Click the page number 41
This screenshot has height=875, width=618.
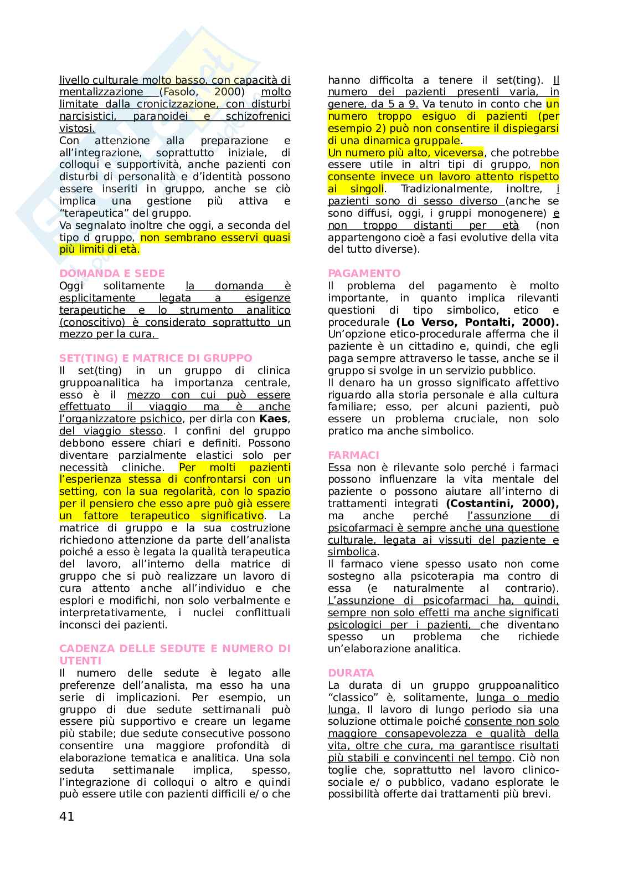click(x=66, y=816)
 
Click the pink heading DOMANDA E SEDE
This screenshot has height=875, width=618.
click(x=112, y=274)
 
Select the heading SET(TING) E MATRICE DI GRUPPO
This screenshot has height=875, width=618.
click(x=156, y=359)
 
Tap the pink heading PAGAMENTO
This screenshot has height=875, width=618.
click(x=364, y=274)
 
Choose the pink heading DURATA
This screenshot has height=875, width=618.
click(x=351, y=673)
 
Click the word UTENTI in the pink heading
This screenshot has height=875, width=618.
click(x=80, y=661)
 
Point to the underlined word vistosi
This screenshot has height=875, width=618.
click(x=77, y=129)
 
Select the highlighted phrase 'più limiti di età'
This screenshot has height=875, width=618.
click(x=100, y=250)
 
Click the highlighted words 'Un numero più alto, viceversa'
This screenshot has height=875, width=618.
click(x=406, y=153)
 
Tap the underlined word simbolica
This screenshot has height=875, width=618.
click(x=352, y=552)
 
